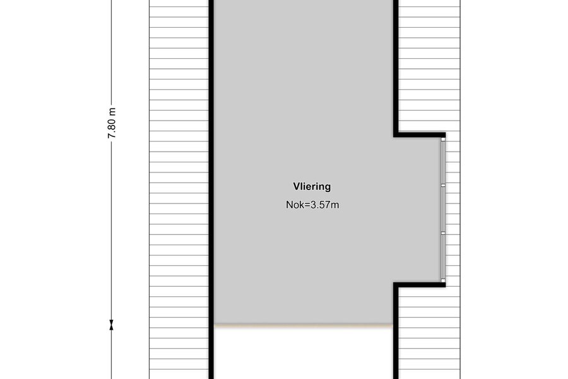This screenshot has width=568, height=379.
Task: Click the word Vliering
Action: [312, 187]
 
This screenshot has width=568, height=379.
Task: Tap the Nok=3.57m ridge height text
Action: [312, 205]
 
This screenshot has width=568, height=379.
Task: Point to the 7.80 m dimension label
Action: [112, 123]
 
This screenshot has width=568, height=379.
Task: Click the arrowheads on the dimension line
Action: [111, 325]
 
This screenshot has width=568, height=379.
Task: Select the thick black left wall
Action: [211, 189]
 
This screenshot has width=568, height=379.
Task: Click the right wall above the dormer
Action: [396, 67]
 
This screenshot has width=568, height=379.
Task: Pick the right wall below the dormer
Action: [396, 332]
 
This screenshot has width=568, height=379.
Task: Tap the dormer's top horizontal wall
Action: [420, 135]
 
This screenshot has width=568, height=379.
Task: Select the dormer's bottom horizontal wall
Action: [420, 285]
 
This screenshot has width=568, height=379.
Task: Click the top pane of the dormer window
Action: [442, 162]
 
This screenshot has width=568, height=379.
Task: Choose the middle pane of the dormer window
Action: [442, 210]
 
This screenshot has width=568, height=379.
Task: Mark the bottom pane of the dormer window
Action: [442, 257]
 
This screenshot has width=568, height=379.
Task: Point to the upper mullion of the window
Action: [442, 185]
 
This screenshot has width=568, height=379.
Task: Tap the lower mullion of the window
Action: [442, 234]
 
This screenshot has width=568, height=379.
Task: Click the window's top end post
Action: [442, 139]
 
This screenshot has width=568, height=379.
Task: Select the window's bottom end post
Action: [442, 280]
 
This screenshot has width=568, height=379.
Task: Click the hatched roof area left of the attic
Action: [179, 189]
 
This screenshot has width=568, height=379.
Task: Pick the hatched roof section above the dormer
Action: [430, 66]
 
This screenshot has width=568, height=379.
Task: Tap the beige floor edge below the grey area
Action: [304, 326]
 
